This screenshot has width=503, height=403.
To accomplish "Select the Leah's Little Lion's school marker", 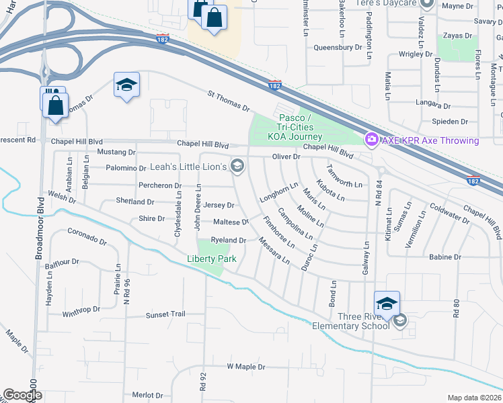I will pos(237,165).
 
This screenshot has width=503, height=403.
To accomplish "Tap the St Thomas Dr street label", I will pos(229,103).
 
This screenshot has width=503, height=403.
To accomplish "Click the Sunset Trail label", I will pos(165,314).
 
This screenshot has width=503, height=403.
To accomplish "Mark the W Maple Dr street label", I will pos(245,367).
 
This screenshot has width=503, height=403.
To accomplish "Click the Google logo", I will pos(22,395).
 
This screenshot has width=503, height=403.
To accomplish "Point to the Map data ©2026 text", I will pos(475,398).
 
